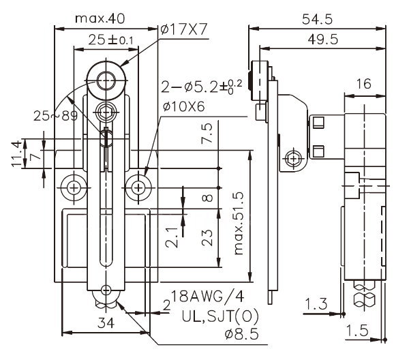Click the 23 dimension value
pos(209,237)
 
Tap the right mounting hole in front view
pos(140,185)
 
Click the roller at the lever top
pos(106,80)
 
